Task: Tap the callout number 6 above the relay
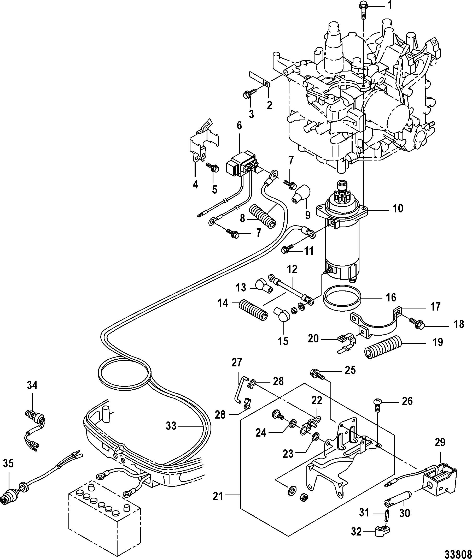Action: [x=239, y=125]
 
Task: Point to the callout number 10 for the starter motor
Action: [x=398, y=208]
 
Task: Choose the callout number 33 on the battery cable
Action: [x=171, y=426]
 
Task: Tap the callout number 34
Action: [x=32, y=385]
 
